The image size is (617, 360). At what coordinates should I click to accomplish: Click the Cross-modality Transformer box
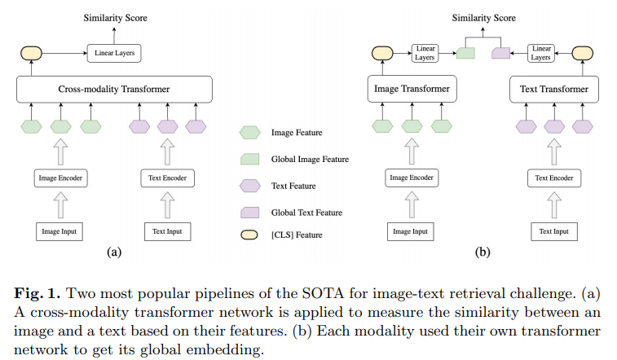point(114,89)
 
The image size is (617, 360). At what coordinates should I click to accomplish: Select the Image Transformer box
point(408,89)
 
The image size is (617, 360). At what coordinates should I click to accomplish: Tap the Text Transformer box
point(548,89)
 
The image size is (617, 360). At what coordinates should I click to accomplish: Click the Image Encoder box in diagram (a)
point(59,178)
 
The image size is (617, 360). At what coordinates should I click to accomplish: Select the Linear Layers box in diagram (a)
point(113,54)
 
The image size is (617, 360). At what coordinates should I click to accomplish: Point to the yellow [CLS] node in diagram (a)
point(31,54)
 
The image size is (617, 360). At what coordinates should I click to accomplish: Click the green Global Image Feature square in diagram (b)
point(465,54)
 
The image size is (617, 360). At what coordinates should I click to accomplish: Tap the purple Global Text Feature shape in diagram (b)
point(500,54)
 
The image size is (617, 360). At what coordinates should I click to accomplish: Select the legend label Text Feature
point(294,186)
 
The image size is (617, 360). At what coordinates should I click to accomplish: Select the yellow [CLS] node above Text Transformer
point(582,54)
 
